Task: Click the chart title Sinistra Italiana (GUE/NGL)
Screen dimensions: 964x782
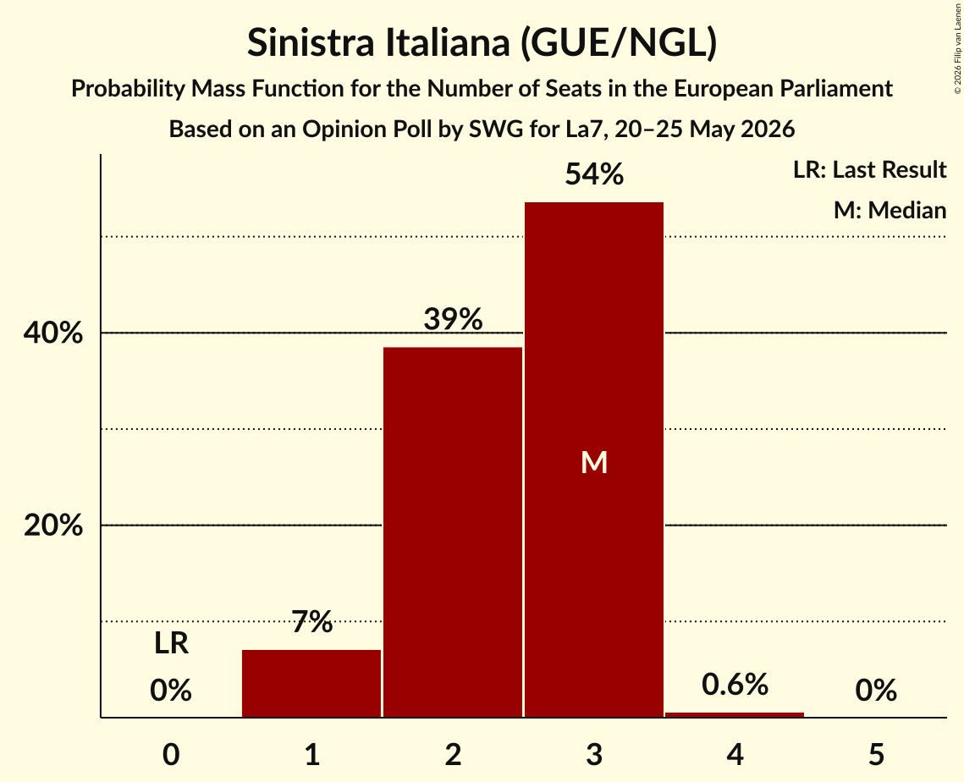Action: (x=482, y=43)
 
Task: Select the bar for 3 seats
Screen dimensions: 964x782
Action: (x=594, y=460)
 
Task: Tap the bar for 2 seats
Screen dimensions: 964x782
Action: (x=453, y=531)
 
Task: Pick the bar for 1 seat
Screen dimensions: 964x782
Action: (x=311, y=683)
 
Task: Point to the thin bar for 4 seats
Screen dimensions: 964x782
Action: (x=735, y=714)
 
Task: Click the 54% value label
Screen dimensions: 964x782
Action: (x=594, y=174)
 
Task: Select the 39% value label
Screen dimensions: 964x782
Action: (x=453, y=319)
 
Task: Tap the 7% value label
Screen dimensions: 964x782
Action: (x=311, y=621)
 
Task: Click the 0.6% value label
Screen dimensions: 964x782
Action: (x=735, y=684)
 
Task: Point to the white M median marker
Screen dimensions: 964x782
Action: (x=594, y=462)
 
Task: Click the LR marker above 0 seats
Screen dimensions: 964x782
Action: (x=171, y=643)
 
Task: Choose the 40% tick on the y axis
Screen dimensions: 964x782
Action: (x=52, y=333)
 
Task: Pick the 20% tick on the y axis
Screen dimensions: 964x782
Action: (x=52, y=526)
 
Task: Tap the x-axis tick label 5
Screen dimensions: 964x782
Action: (x=876, y=754)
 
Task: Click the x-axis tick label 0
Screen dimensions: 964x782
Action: (x=171, y=754)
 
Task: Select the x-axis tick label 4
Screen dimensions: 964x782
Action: (x=735, y=754)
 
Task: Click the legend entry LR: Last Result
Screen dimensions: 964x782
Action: (x=869, y=169)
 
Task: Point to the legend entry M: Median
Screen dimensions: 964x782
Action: (x=890, y=210)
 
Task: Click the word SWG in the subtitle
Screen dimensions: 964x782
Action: (x=495, y=129)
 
